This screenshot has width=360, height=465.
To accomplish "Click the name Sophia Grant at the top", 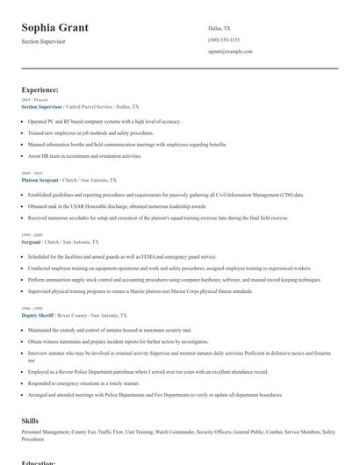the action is [x=54, y=27].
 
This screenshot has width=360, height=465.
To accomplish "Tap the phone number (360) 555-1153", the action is [x=224, y=39].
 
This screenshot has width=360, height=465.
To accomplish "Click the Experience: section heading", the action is [x=40, y=89].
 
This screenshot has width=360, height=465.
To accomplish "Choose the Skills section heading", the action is [x=30, y=421].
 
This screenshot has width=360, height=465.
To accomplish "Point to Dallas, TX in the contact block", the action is [x=220, y=28].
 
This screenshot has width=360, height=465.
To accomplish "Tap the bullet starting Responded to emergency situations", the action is [x=83, y=383].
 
